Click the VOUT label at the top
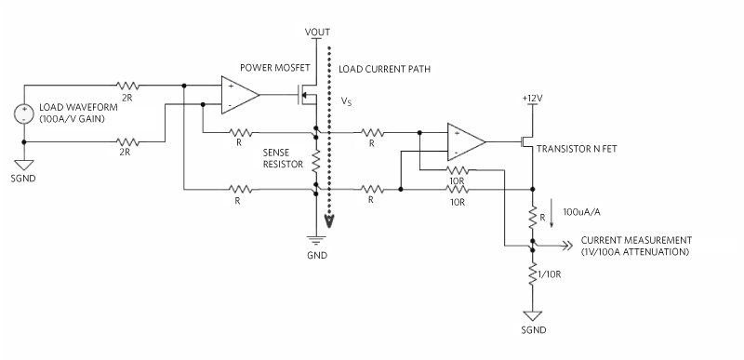coord(317,33)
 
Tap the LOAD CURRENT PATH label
coord(385,69)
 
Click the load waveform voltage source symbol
coord(21,114)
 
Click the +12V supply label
coord(532,97)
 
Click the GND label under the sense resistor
coord(317,252)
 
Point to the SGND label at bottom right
coord(533,331)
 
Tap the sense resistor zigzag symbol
coord(317,162)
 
